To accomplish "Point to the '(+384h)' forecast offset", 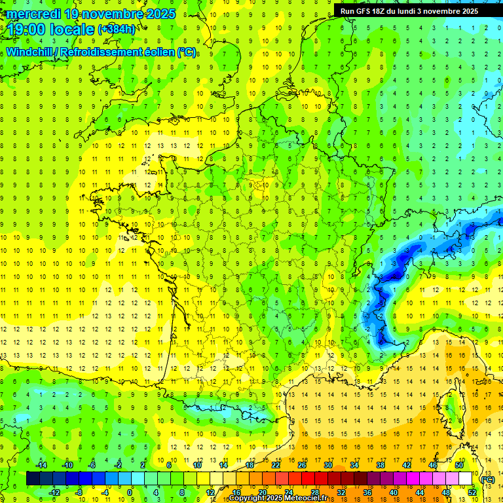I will click(117, 29).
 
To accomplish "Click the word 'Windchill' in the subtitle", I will click(30, 52).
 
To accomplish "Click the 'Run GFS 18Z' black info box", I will click(409, 10).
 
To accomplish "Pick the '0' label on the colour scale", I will click(130, 493).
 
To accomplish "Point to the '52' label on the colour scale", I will click(472, 493).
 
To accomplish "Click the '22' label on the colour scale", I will click(276, 465).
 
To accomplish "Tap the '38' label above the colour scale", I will click(380, 465).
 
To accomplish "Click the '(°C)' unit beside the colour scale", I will click(487, 479).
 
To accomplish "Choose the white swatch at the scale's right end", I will click(465, 479).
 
